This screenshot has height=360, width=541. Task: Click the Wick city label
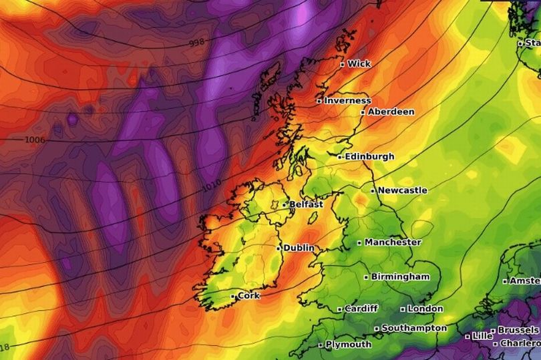coord(359,64)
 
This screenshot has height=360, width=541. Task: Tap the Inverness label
coord(347,101)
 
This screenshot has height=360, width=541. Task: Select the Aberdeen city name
coord(391,112)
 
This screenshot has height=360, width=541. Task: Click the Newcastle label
coord(402,190)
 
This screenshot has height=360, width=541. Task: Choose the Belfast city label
coord(307,204)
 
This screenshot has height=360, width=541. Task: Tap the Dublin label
coord(299,248)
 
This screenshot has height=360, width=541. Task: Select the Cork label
coord(248,295)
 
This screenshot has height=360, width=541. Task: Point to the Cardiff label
coord(361,309)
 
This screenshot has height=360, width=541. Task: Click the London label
coord(425,309)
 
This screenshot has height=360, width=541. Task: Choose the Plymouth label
coord(349,345)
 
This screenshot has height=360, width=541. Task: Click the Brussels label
coord(518,330)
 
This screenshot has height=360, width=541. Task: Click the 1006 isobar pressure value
coord(35,140)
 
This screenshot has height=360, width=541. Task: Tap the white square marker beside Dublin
coord(279,248)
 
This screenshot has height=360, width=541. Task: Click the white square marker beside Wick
coord(343,65)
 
